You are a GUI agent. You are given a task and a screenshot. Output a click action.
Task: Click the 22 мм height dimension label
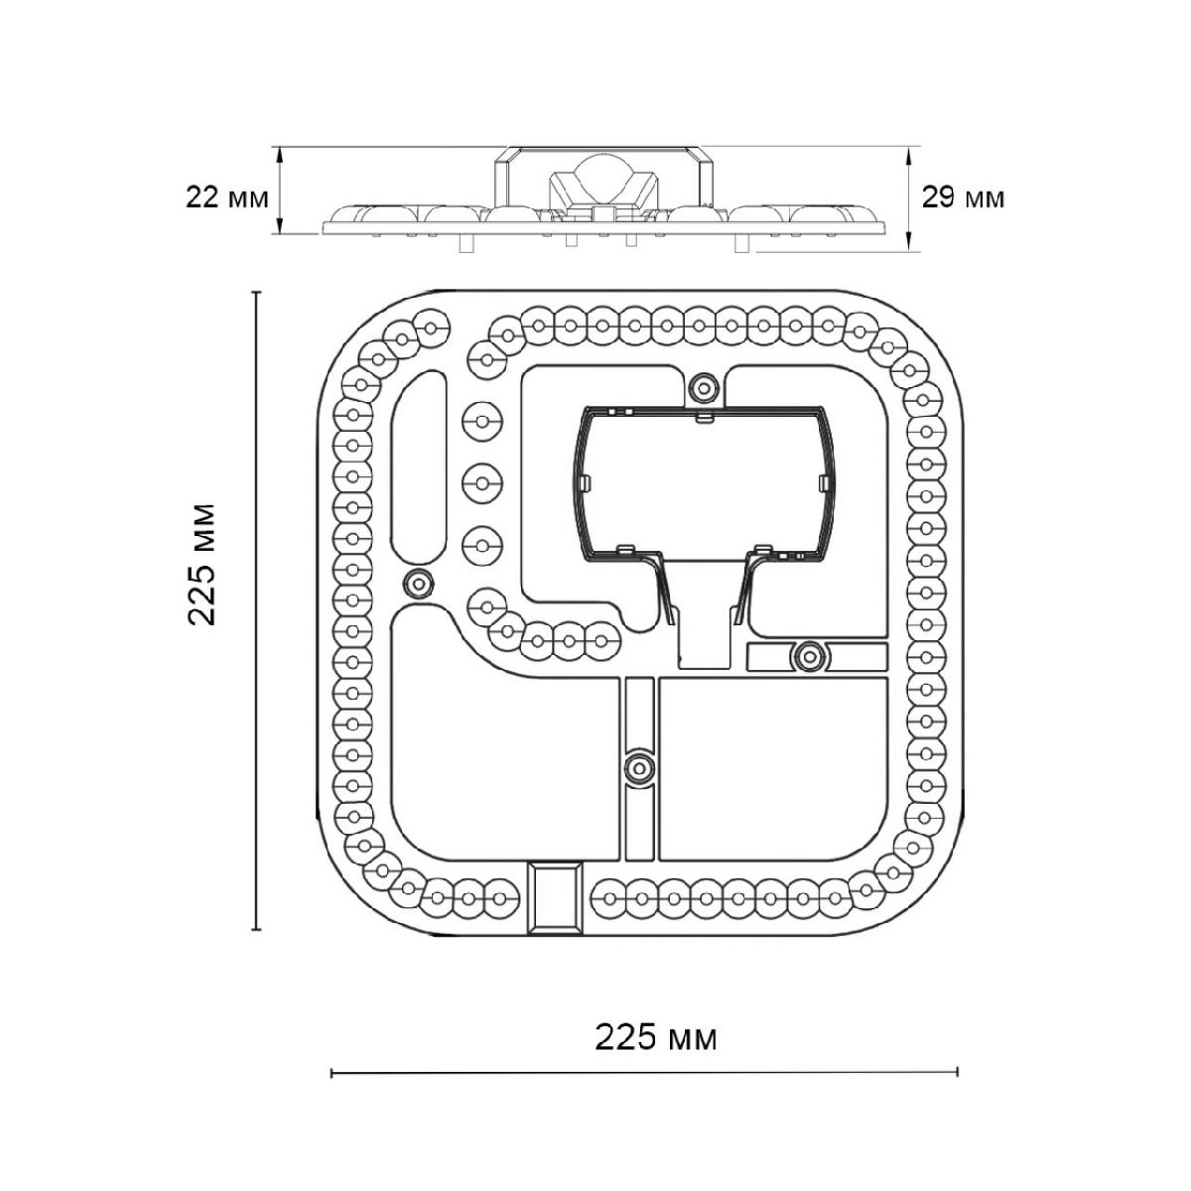pyautogui.click(x=227, y=198)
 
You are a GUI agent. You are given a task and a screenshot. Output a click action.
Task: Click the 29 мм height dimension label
pyautogui.click(x=963, y=198)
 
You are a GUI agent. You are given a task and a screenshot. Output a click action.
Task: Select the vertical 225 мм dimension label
pyautogui.click(x=202, y=565)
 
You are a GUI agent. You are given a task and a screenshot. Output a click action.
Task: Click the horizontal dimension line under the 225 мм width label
pyautogui.click(x=645, y=1089)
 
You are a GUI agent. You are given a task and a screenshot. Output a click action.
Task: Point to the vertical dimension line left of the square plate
pyautogui.click(x=257, y=610)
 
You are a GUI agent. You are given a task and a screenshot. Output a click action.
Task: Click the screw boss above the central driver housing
pyautogui.click(x=704, y=388)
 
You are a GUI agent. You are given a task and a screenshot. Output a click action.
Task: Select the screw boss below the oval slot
pyautogui.click(x=418, y=583)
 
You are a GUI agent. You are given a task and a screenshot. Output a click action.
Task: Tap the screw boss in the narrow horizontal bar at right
pyautogui.click(x=809, y=655)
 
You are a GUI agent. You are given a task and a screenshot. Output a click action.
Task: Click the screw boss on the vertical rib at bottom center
pyautogui.click(x=639, y=769)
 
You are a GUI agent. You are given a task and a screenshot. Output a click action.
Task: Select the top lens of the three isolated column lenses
pyautogui.click(x=482, y=422)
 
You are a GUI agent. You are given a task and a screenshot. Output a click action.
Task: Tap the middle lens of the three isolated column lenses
pyautogui.click(x=482, y=482)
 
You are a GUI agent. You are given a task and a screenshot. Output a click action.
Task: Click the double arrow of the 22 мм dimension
pyautogui.click(x=279, y=191)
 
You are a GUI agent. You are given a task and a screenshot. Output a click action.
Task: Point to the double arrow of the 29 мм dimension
pyautogui.click(x=908, y=198)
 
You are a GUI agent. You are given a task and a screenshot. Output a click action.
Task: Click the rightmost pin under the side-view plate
pyautogui.click(x=742, y=243)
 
